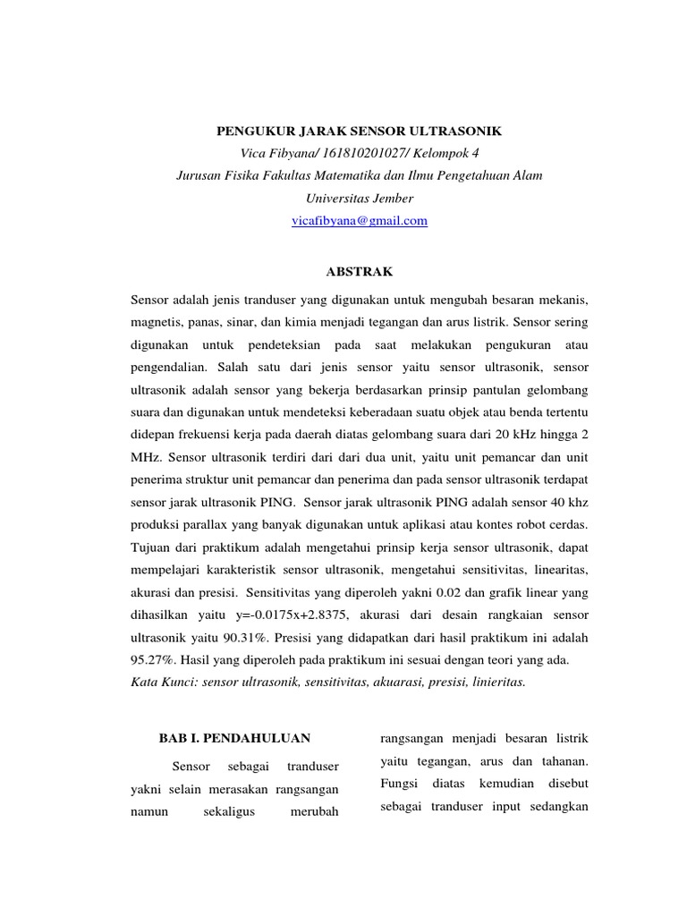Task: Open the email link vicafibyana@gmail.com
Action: coord(360,220)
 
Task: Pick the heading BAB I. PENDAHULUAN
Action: coord(234,738)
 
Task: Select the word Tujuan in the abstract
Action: coord(153,545)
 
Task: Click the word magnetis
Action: coord(159,320)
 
